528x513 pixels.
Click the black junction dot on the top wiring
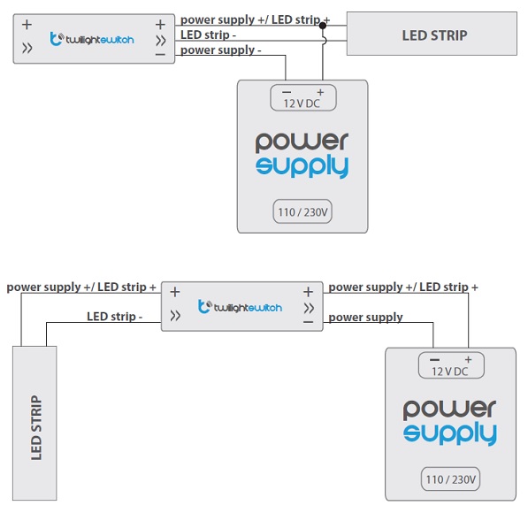pos(323,26)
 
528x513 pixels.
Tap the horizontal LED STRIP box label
pos(434,35)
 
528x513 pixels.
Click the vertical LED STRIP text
pos(36,427)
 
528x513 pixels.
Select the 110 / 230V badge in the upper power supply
pos(302,212)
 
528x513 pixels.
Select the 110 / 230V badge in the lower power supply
pos(450,479)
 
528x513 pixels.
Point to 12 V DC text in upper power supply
pos(302,103)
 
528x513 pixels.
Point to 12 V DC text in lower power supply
pos(450,371)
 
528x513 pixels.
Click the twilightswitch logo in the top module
pos(92,39)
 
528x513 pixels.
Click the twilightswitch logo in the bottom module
pos(240,307)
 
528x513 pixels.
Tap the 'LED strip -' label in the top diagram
pos(208,34)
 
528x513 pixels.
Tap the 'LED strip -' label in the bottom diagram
pos(114,317)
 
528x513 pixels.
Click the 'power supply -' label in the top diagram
pos(220,50)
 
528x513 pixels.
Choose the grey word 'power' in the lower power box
pos(449,409)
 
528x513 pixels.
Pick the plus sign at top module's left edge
pos(27,24)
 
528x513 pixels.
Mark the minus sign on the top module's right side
pos(160,54)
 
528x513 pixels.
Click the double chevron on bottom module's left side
pos(175,316)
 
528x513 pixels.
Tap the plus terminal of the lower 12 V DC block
pos(468,359)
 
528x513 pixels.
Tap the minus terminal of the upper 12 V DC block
pos(287,92)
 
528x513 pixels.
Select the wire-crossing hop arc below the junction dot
pos(325,41)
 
